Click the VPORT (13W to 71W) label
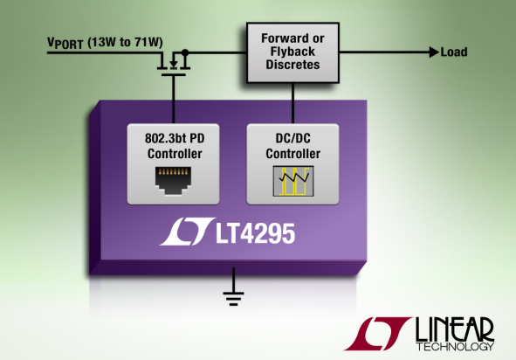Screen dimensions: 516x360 105,43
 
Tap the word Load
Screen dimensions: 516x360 454,52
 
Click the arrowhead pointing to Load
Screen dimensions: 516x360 435,52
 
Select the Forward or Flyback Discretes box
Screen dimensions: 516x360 292,52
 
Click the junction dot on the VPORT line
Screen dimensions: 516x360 185,52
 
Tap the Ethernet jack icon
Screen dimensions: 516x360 173,181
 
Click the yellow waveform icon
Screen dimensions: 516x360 293,181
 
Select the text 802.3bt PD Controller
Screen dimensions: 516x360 175,146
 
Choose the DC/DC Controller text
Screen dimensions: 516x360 292,146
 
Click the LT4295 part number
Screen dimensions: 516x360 255,233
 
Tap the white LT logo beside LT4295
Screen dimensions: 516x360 187,232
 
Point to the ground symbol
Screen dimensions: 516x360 233,287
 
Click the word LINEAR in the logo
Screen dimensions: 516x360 455,329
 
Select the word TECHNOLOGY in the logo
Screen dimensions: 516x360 455,347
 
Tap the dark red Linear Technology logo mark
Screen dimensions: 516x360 378,333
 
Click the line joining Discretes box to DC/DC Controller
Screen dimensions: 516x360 292,103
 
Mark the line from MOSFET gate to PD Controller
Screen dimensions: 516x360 174,100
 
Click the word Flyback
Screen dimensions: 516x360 292,52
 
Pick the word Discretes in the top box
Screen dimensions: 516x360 292,65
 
